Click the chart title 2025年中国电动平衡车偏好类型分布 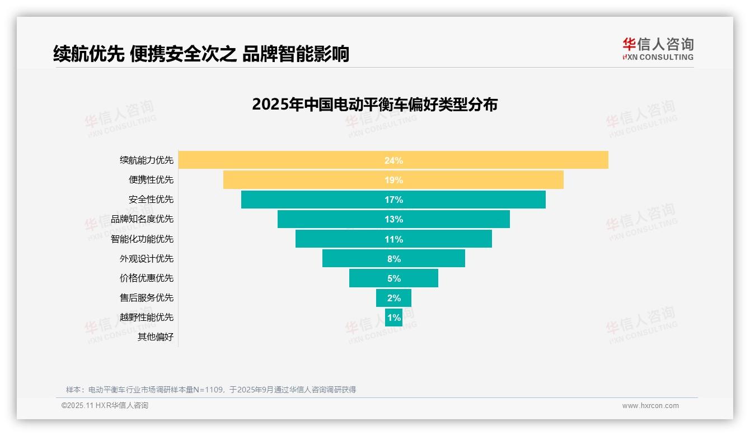[x=374, y=105]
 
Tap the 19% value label [x=393, y=180]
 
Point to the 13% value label [x=393, y=219]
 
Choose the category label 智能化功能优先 [x=142, y=239]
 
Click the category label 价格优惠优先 [x=147, y=278]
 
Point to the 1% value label [x=393, y=317]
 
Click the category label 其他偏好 [x=156, y=337]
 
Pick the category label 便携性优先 [x=151, y=180]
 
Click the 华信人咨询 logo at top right [x=658, y=49]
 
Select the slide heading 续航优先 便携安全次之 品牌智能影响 [x=201, y=54]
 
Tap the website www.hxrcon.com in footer [x=650, y=406]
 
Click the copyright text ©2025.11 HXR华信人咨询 [x=105, y=406]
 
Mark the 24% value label [x=393, y=160]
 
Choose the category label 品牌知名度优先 [x=142, y=219]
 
